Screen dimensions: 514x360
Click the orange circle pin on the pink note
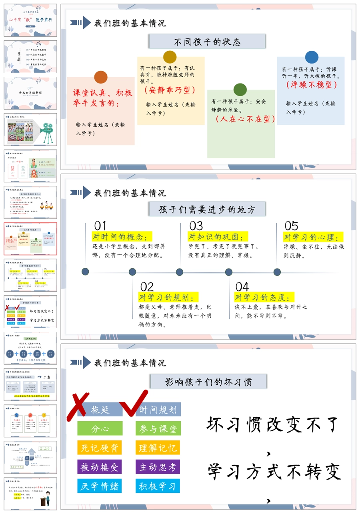pyautogui.click(x=101, y=77)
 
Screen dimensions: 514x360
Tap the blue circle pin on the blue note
pyautogui.click(x=312, y=57)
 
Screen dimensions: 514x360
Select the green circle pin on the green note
pyautogui.click(x=240, y=90)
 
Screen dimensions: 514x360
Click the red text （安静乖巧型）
pyautogui.click(x=170, y=90)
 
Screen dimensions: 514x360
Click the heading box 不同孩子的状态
pyautogui.click(x=207, y=42)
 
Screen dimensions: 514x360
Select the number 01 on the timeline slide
pyautogui.click(x=100, y=226)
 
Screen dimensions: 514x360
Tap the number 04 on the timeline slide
pyautogui.click(x=242, y=287)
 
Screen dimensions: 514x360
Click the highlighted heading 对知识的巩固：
pyautogui.click(x=218, y=237)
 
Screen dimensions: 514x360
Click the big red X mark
pyautogui.click(x=84, y=406)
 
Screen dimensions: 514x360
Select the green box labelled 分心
pyautogui.click(x=100, y=428)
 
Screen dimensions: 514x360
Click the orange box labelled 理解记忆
pyautogui.click(x=158, y=448)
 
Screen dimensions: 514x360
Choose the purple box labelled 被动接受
pyautogui.click(x=100, y=467)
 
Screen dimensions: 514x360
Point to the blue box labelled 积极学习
pyautogui.click(x=158, y=486)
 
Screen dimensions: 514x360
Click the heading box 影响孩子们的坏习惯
pyautogui.click(x=208, y=382)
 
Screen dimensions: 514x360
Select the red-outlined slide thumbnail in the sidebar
pyautogui.click(x=30, y=239)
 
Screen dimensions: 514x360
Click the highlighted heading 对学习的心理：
pyautogui.click(x=313, y=237)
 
